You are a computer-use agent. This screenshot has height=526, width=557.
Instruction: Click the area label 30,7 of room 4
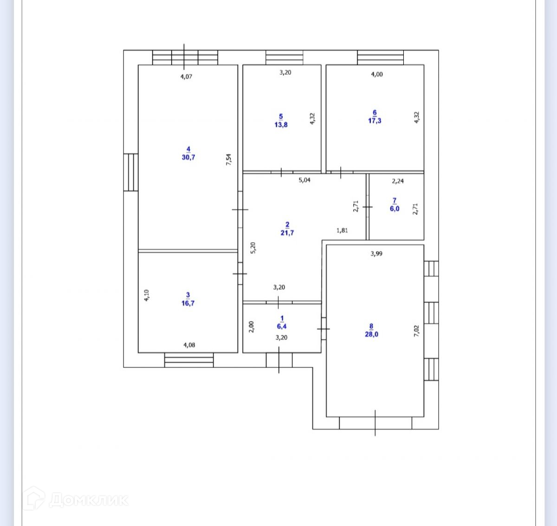[188, 157]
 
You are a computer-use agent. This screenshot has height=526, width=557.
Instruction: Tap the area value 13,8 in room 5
[281, 125]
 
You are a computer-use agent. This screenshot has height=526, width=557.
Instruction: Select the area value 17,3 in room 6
[375, 121]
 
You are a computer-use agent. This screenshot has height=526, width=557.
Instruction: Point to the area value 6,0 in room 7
[395, 209]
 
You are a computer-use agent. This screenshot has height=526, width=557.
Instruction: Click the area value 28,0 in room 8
[371, 334]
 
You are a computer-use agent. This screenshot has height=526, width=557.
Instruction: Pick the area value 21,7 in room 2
[287, 233]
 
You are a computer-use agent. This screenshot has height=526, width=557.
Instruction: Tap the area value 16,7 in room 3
[188, 303]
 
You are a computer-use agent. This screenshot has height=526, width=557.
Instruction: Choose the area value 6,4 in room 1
[282, 326]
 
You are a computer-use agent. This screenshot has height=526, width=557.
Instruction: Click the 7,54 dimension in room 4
[228, 160]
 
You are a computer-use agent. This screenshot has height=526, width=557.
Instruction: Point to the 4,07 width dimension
[186, 77]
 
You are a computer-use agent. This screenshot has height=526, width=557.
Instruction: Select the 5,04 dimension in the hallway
[304, 180]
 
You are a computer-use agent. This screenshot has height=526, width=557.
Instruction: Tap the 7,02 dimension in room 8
[416, 331]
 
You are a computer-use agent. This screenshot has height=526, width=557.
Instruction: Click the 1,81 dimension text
[342, 230]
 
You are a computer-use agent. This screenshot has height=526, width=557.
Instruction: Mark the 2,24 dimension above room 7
[398, 181]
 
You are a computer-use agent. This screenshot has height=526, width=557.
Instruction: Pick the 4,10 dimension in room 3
[147, 295]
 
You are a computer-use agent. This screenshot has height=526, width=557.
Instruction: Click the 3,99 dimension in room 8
[376, 254]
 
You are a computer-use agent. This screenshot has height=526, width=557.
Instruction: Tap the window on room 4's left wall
[131, 172]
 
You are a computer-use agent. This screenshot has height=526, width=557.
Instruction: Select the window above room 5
[285, 58]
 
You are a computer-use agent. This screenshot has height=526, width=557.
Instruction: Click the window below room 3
[189, 360]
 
